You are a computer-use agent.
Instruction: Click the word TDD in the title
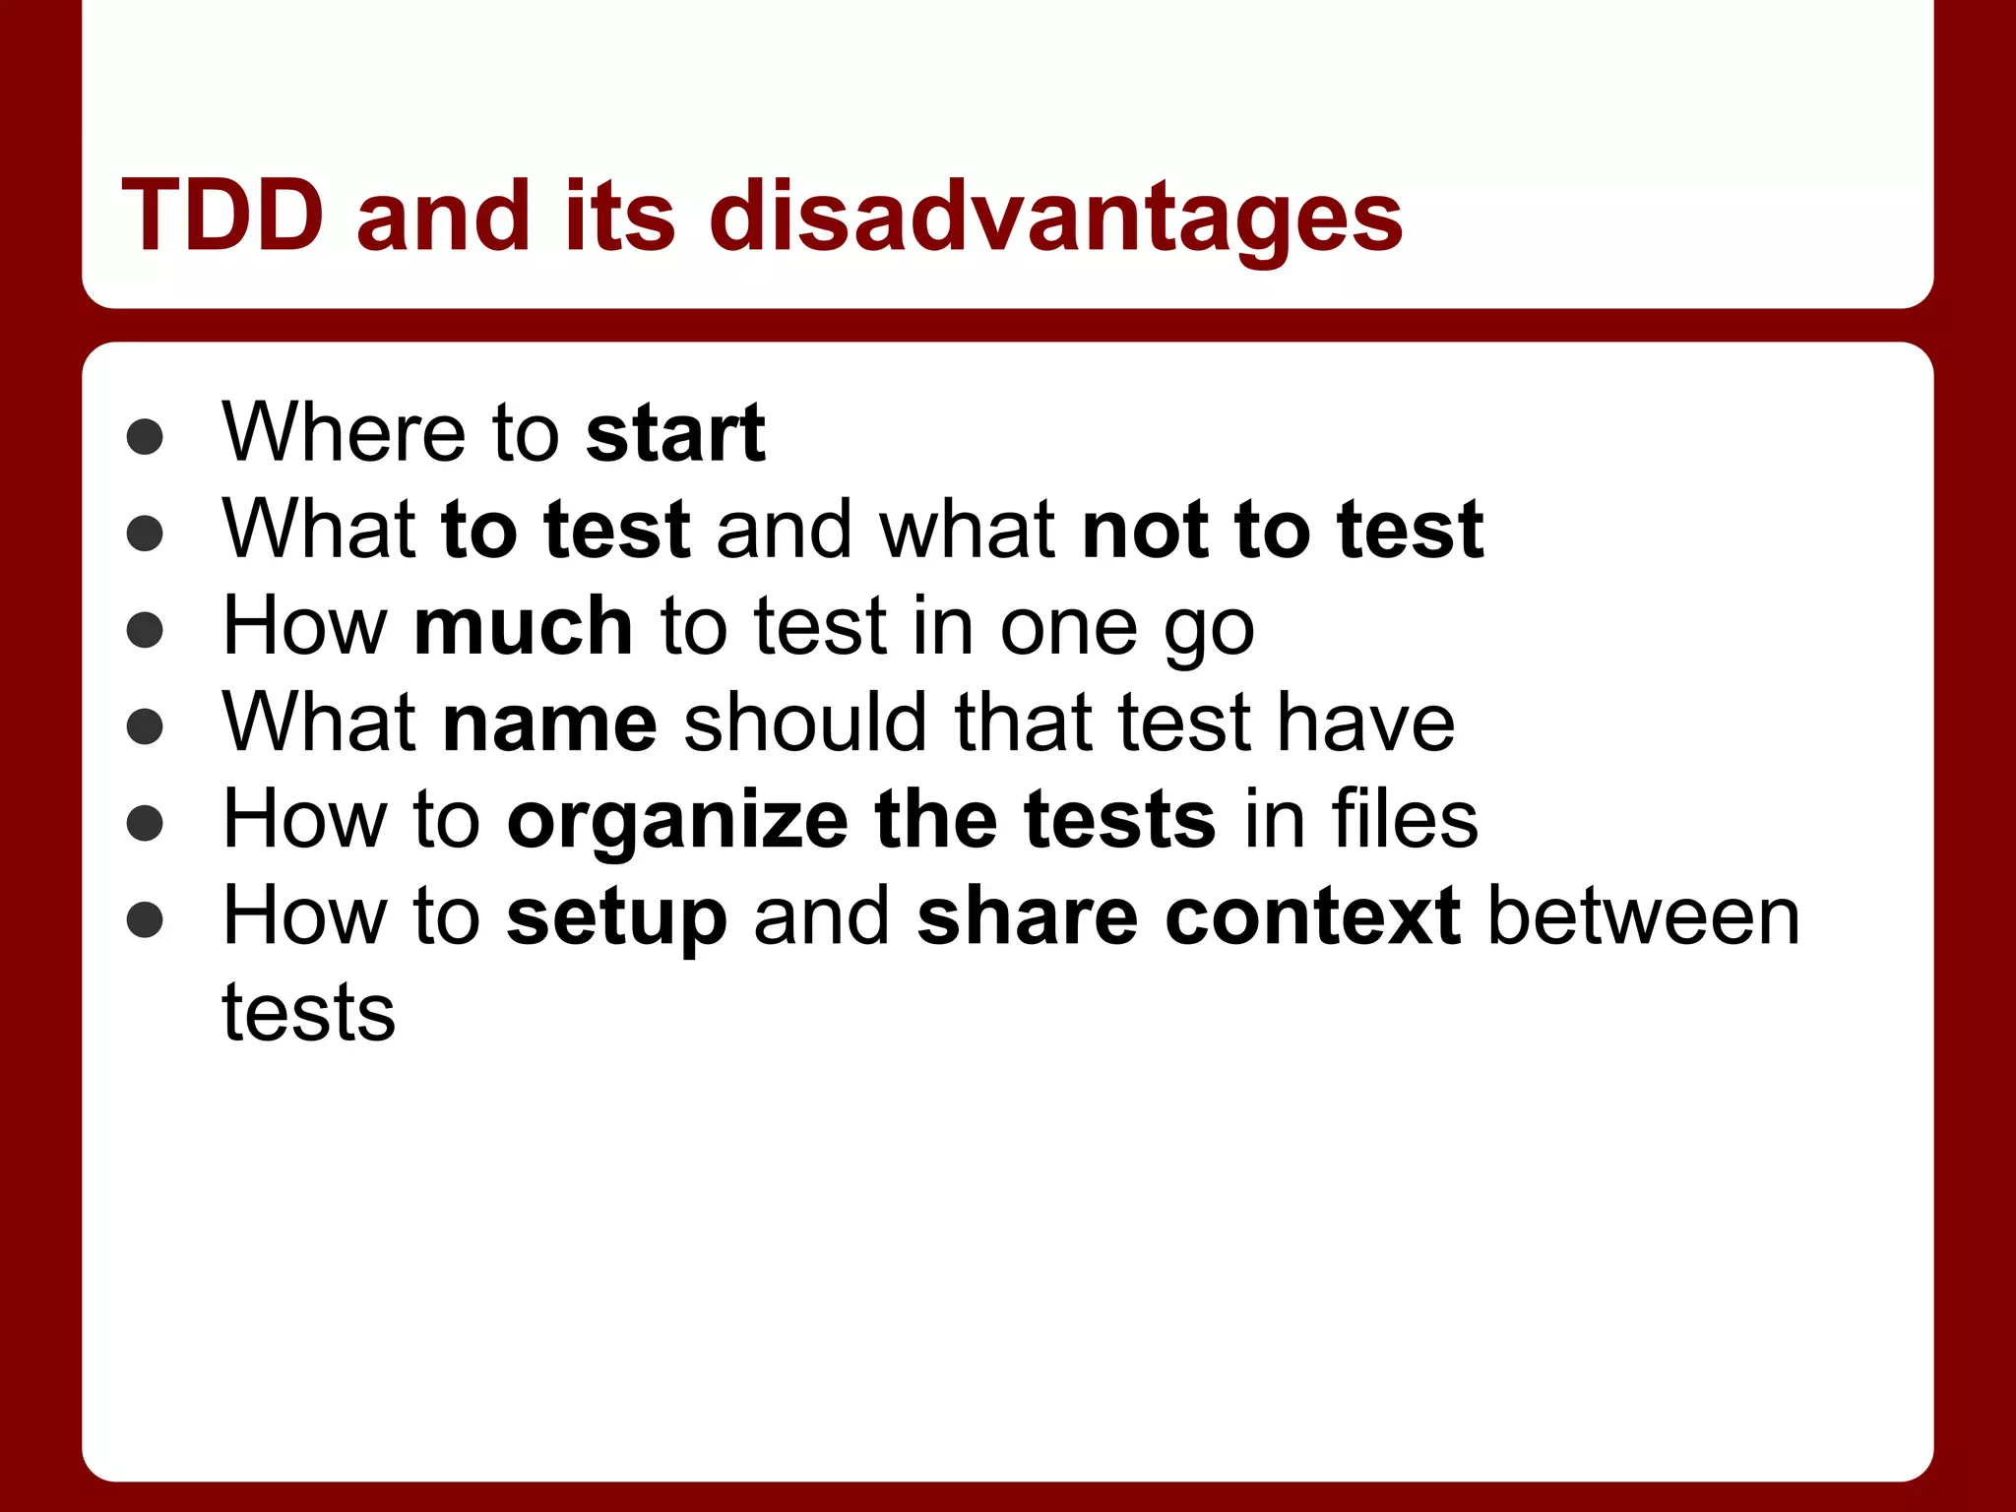pyautogui.click(x=222, y=216)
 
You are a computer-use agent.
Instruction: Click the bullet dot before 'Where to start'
pyautogui.click(x=145, y=437)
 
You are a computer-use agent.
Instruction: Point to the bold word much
pyautogui.click(x=524, y=626)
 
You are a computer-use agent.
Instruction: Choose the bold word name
pyautogui.click(x=550, y=724)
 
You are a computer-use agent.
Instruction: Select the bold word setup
pyautogui.click(x=617, y=918)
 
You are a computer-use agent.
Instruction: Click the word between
pyautogui.click(x=1644, y=916)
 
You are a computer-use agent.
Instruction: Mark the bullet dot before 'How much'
pyautogui.click(x=145, y=631)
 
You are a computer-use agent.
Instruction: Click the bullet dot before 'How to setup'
pyautogui.click(x=145, y=920)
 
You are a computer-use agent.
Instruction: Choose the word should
pyautogui.click(x=805, y=724)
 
